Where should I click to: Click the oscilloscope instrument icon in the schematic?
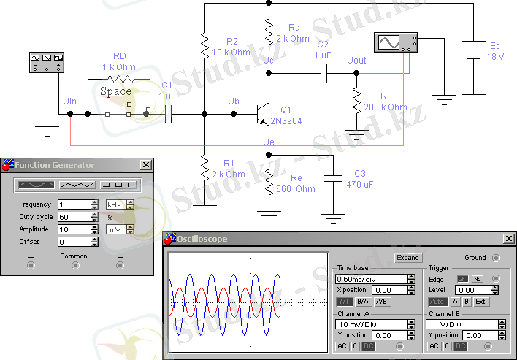tap(395, 43)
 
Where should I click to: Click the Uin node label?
tap(71, 100)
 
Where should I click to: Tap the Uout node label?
tap(357, 60)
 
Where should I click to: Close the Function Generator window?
tap(146, 165)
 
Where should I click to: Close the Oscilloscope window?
tap(509, 239)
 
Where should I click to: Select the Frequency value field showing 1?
tap(74, 204)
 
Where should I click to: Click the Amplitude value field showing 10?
tap(74, 229)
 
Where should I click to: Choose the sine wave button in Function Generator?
tap(37, 185)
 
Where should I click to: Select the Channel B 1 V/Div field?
tap(462, 324)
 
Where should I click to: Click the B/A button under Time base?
tap(363, 301)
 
